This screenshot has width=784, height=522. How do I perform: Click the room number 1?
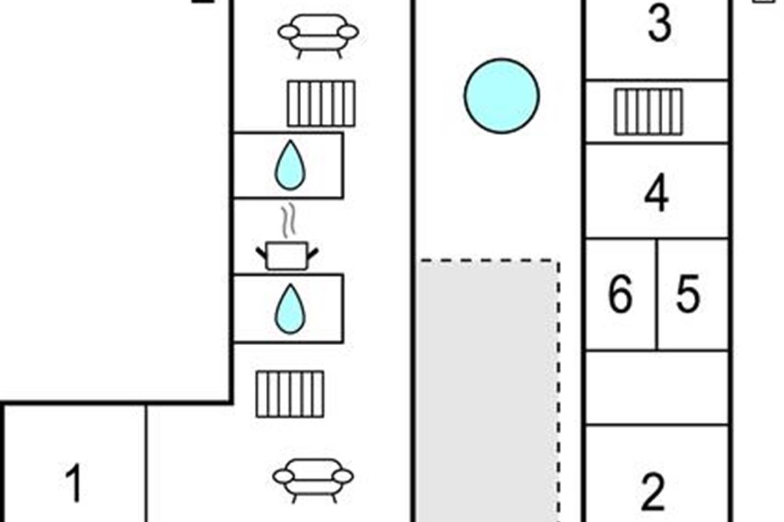74,484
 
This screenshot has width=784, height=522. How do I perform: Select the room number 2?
653,493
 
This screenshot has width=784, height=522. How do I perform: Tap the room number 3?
659,23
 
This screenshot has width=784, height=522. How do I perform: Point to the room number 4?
656,194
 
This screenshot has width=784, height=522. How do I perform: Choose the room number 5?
687,295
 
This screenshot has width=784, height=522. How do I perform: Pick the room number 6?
620,295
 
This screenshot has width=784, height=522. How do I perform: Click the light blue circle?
502,96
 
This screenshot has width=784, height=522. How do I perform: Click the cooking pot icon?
287,254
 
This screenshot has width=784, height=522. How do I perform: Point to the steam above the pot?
287,222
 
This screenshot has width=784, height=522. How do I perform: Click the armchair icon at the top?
318,34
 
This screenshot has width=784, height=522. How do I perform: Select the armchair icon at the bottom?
313,478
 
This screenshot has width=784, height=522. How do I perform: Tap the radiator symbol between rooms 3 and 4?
648,112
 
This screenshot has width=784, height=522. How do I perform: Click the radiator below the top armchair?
321,103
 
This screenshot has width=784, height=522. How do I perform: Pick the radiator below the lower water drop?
289,393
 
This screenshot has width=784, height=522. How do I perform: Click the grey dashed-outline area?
489,391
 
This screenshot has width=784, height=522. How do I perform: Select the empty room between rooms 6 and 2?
657,388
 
